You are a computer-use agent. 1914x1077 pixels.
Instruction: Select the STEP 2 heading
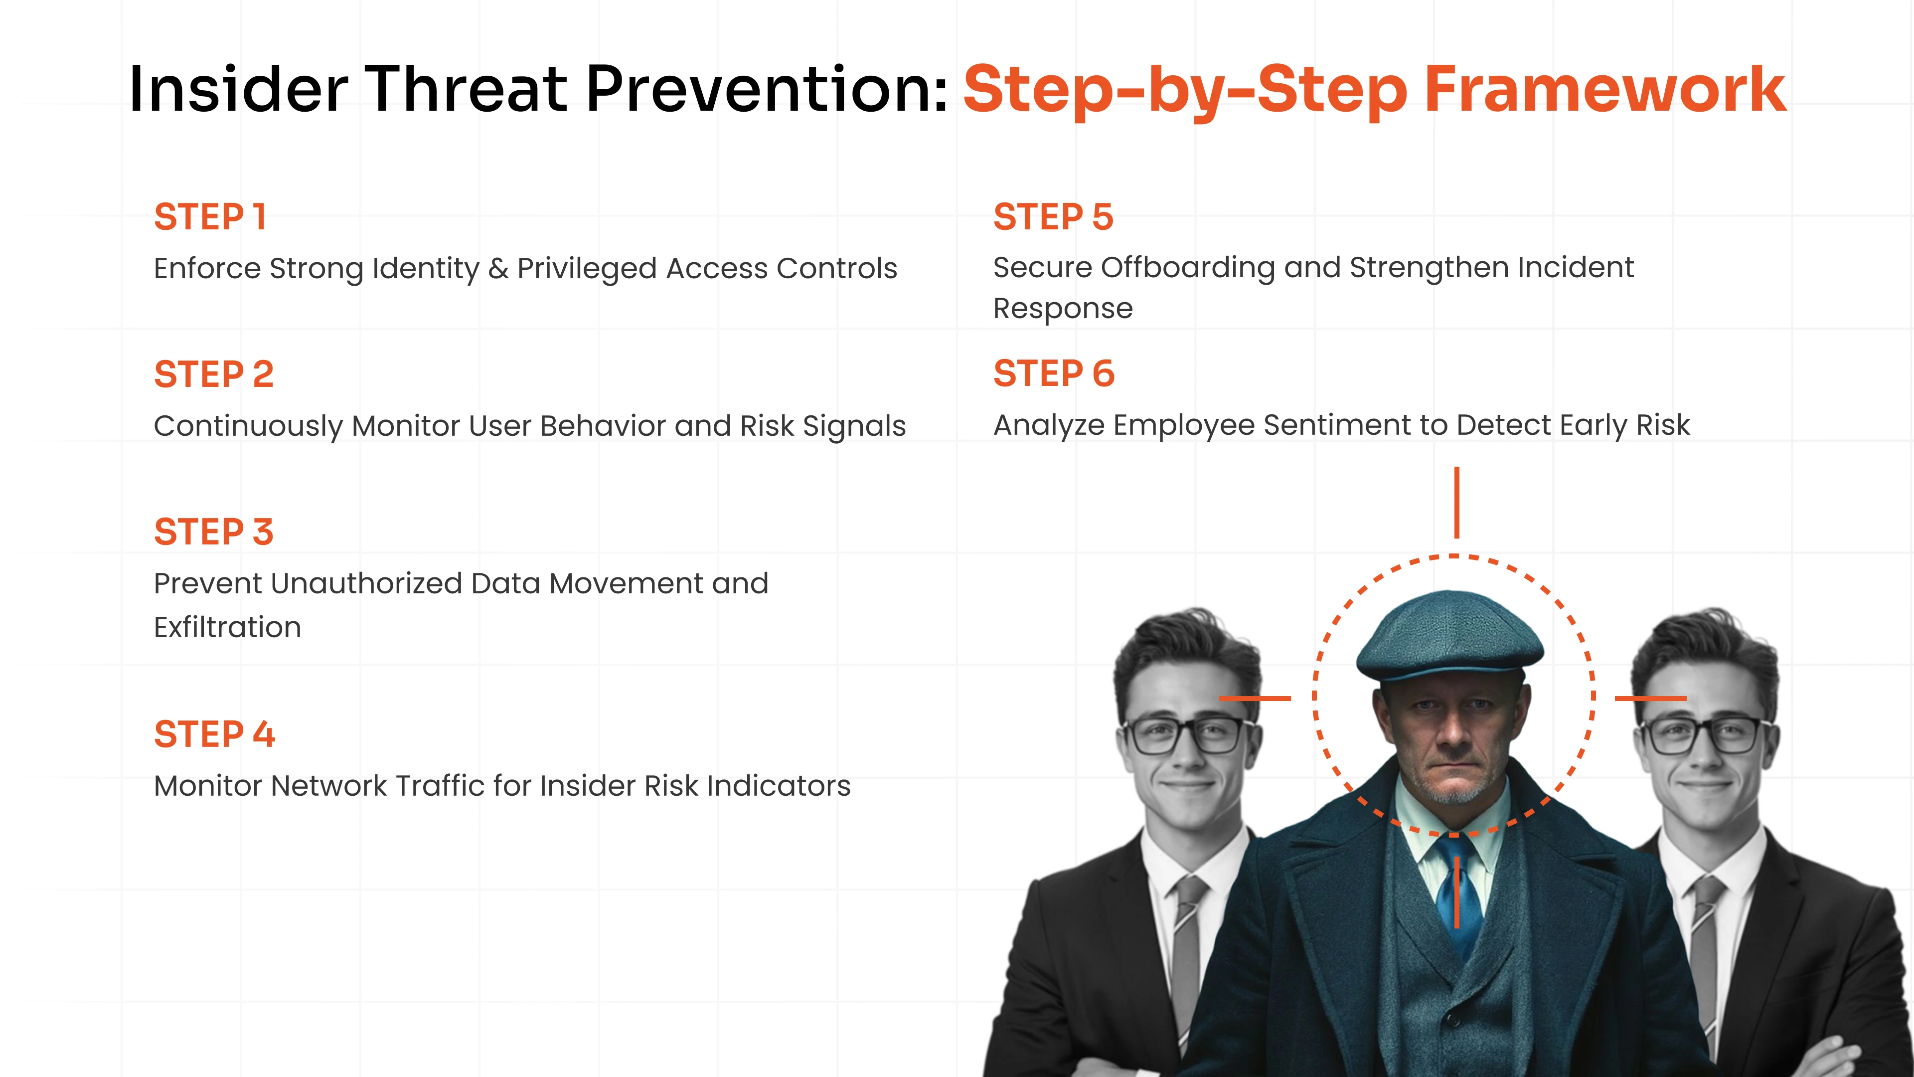coord(214,374)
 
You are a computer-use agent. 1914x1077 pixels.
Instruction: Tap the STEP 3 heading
coord(214,532)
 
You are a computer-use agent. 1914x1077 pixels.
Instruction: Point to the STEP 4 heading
coord(215,734)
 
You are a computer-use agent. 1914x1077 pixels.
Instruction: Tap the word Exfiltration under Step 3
coord(227,627)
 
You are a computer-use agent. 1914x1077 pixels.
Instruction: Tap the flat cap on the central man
coord(1449,636)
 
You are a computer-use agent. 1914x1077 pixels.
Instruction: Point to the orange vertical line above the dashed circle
coord(1456,503)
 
